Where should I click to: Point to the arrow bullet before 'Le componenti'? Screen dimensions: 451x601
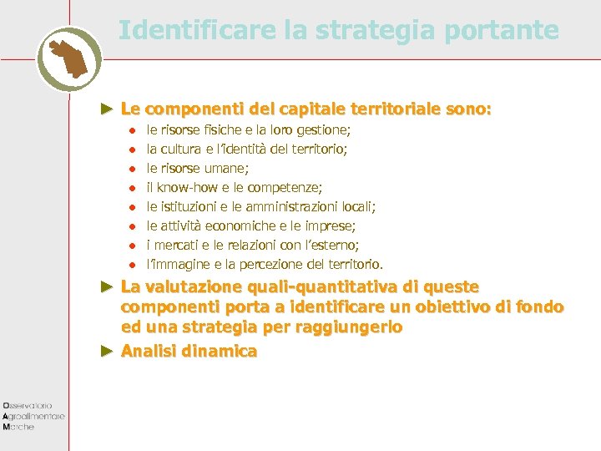[105, 109]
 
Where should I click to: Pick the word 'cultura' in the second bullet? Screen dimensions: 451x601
[181, 149]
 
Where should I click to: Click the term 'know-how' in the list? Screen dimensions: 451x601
[185, 188]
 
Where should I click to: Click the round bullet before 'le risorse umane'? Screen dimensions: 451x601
[131, 169]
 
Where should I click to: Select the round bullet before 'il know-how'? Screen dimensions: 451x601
[131, 188]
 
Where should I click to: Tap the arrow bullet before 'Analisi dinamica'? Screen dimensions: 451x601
[105, 351]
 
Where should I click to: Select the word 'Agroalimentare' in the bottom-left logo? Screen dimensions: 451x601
[34, 415]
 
